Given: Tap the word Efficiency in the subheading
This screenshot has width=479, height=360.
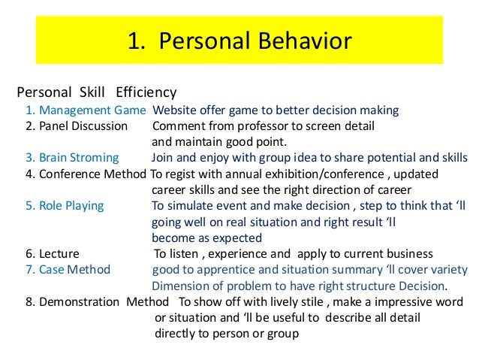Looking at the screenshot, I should pos(146,93).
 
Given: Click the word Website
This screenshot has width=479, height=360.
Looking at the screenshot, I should pos(176,110).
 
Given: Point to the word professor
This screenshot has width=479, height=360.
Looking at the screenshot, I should pos(282,126).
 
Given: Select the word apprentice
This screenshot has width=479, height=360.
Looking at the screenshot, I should pos(224,270).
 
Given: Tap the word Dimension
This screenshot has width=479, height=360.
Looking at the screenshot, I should pos(180,286).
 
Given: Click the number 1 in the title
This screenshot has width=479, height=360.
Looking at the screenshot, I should pos(134,41).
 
